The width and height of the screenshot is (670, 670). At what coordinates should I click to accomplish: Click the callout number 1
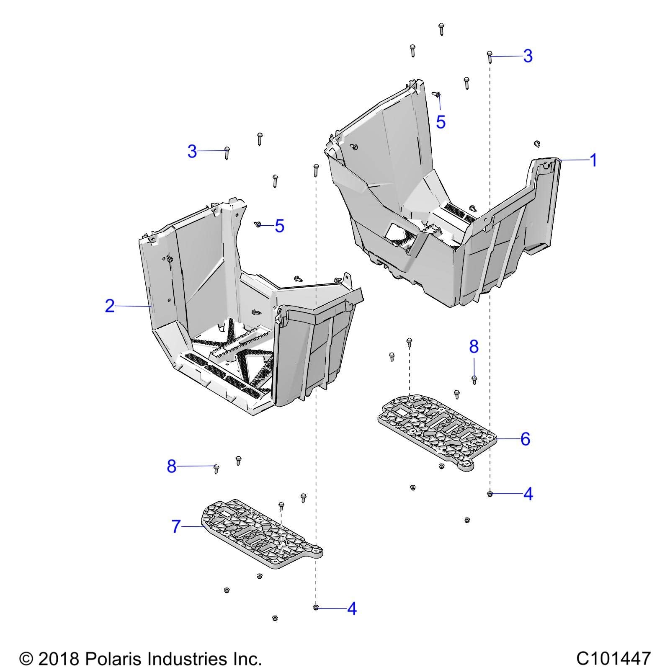coord(593,160)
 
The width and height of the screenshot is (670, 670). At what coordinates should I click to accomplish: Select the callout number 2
coord(109,306)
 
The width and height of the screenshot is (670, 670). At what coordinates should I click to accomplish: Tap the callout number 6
coord(525,439)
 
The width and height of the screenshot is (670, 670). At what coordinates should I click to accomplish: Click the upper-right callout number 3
coord(528,56)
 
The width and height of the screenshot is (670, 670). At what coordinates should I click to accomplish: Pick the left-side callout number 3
coord(192,151)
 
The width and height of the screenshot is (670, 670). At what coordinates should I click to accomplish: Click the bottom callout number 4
coord(352,608)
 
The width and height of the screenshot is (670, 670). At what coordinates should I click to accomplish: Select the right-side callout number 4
coord(528,494)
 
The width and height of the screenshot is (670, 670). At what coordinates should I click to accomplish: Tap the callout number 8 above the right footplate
coord(474,347)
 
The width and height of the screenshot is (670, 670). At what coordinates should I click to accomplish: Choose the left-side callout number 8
coord(172,466)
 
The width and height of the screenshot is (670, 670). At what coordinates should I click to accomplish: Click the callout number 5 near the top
coord(441,122)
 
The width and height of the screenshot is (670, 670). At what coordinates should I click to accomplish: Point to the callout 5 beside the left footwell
coord(279,226)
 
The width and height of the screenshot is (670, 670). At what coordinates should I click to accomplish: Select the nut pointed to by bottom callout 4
coord(316,607)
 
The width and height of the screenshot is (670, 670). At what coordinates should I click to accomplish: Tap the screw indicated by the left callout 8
coord(216,468)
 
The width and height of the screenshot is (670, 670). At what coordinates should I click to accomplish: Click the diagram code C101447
coord(613,658)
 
